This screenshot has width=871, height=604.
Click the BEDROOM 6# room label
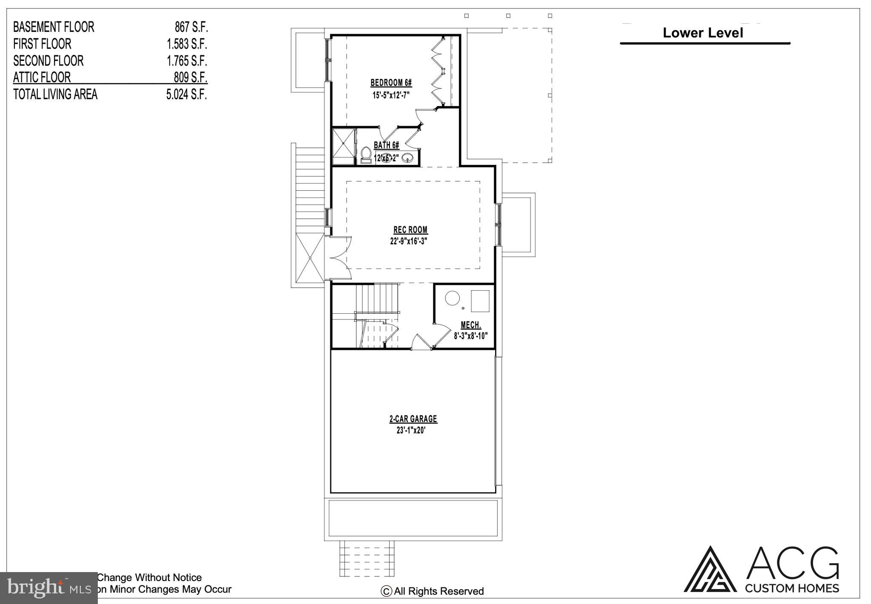coord(391,83)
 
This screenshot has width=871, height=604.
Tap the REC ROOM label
coord(410,230)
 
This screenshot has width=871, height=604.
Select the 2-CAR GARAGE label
coord(413,419)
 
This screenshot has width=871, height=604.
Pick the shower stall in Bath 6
coord(343,146)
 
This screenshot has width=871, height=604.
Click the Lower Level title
coord(703,33)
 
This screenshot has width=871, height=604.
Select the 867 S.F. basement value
coord(191,27)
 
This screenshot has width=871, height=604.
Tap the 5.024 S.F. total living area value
coord(186,94)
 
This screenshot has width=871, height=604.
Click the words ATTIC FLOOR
coord(42,77)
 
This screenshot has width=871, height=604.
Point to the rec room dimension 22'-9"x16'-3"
coord(408,241)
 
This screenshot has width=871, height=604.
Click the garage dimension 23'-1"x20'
coord(411,430)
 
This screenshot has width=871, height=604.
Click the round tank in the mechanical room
coord(453,298)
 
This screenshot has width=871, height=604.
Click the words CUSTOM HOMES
coord(792,588)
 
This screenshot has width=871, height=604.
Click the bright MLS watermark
coord(48,588)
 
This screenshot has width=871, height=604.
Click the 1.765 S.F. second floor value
coord(187,61)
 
